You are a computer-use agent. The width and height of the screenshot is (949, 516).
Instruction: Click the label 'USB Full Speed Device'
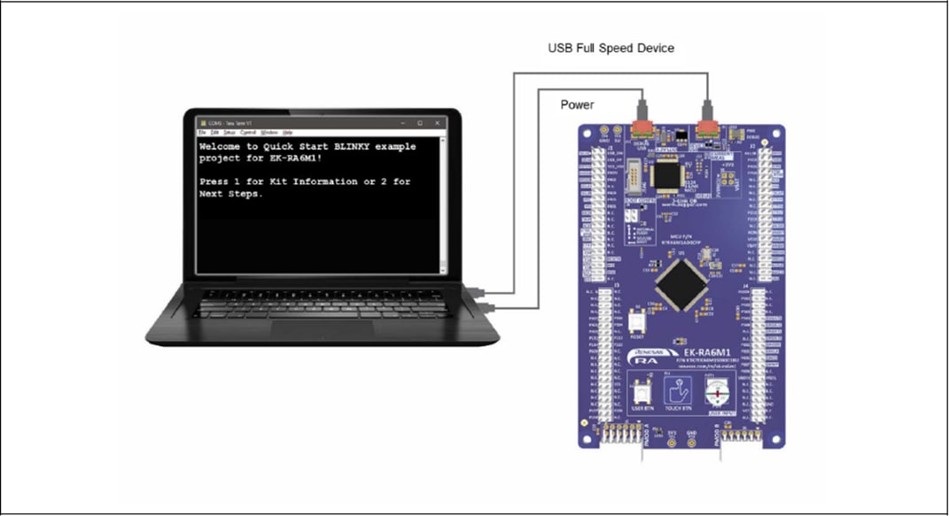(611, 48)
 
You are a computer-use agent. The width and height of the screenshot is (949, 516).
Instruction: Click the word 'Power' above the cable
(577, 105)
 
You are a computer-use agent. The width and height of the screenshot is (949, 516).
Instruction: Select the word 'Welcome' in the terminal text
(222, 146)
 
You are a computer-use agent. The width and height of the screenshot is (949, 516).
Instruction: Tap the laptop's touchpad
(321, 328)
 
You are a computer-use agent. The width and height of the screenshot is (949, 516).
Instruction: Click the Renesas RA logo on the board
(645, 357)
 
